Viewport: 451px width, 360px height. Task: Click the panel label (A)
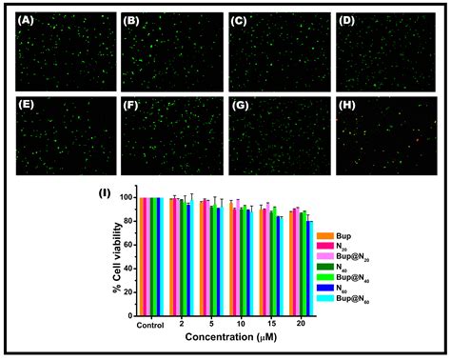tap(29, 19)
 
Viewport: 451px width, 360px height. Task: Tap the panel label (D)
tap(348, 19)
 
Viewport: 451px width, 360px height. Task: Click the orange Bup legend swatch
tap(325, 235)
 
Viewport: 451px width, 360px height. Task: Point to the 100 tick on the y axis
tap(126, 198)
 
